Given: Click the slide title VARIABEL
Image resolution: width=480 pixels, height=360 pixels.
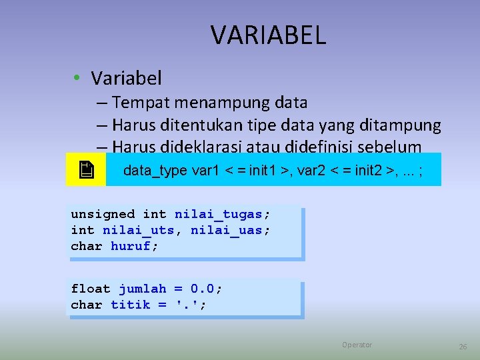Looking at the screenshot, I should pos(268,35).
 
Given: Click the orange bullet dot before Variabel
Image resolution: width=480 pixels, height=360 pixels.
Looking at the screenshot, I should pos(78,79).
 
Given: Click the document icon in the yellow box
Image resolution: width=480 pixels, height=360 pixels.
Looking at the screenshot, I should pos(85,170).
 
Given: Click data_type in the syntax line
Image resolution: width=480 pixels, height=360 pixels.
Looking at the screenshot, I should pos(155,170).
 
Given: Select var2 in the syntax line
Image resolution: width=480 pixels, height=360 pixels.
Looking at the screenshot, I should pos(312,170).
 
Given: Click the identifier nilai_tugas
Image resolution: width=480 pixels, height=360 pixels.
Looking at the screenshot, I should pos(219,214).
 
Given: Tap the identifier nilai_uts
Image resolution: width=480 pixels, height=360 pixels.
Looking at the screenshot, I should pos(138,230).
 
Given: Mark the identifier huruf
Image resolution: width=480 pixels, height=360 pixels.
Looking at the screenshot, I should pos(131,246).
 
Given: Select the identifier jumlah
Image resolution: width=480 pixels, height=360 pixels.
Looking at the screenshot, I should pos(142,289).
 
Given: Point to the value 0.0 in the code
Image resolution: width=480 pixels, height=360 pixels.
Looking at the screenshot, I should pos(203,289).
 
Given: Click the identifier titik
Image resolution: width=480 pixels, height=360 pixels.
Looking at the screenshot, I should pos(130,305).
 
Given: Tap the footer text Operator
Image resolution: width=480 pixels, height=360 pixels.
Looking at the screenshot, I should pos(357,345).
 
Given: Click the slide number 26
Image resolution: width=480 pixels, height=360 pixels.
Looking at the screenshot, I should pos(463,347).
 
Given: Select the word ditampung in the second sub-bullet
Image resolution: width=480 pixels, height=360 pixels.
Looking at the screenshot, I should pos(408,125).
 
